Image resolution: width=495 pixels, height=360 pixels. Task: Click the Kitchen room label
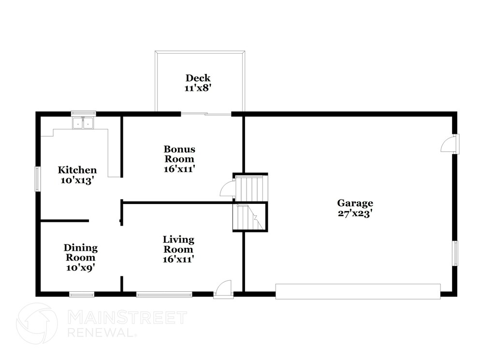coord(77,170)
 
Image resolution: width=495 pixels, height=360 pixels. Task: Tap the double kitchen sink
coord(83,123)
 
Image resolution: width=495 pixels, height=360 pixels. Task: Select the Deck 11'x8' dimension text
coord(198,88)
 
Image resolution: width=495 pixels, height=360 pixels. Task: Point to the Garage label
coord(355,203)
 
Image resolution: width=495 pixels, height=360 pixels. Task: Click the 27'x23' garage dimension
coord(355,214)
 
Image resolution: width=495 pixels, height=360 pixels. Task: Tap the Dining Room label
coord(81,252)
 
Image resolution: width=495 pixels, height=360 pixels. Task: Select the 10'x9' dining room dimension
coord(81,268)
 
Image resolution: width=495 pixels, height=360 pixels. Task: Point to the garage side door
coord(450,144)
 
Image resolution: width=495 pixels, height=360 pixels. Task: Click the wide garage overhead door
coord(358,291)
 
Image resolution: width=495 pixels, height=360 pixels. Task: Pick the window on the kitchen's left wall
coord(38,179)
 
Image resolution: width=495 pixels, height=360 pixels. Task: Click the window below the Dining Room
coord(82,295)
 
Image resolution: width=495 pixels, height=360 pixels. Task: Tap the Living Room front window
coord(164,295)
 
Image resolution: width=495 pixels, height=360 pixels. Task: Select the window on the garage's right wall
coord(455,253)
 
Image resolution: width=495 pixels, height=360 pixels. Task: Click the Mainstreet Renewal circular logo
coord(37,323)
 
